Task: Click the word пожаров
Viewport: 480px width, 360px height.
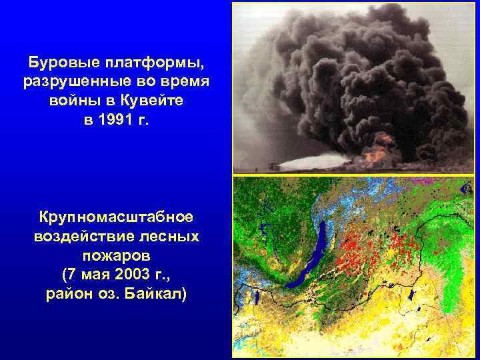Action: pyautogui.click(x=116, y=255)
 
